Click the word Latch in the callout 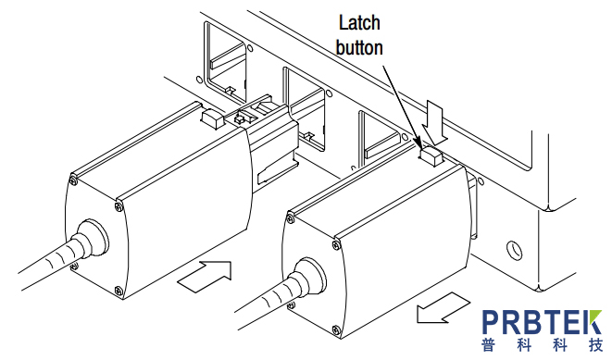coord(358,23)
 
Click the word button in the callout coord(359,47)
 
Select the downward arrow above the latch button coord(435,121)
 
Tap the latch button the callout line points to coord(431,155)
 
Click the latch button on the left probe coord(213,118)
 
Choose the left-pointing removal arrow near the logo coord(443,307)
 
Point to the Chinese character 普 coord(489,345)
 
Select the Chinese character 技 coord(594,345)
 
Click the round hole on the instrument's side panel coord(514,250)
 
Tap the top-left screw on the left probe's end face coord(73,180)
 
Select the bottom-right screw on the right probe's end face coord(336,330)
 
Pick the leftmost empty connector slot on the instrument coord(225,62)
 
